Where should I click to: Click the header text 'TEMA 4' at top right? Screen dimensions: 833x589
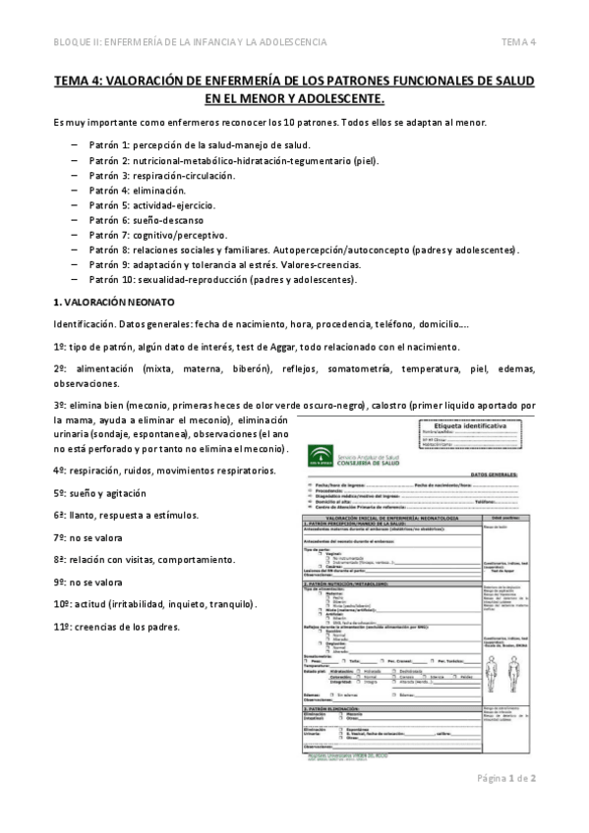point(518,41)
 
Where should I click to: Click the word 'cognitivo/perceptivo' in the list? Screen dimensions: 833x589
point(184,236)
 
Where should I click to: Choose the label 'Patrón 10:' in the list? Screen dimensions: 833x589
point(114,280)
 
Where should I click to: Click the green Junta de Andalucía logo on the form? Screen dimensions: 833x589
point(321,454)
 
